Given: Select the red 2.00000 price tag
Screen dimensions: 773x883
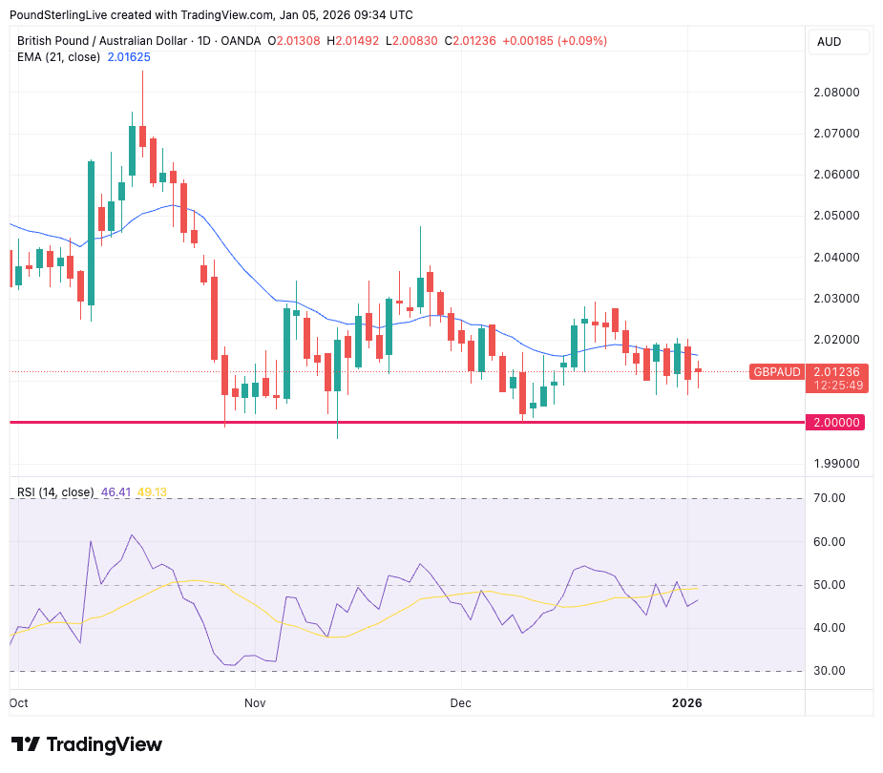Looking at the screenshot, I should pyautogui.click(x=835, y=422).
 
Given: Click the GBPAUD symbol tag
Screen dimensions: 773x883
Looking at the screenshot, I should pyautogui.click(x=776, y=372).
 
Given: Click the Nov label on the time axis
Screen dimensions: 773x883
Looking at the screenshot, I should pyautogui.click(x=255, y=702).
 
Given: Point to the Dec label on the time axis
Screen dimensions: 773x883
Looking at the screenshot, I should pyautogui.click(x=461, y=702).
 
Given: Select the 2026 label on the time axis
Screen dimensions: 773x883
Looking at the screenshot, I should pyautogui.click(x=686, y=702).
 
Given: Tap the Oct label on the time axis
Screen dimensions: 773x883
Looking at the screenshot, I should pyautogui.click(x=19, y=702).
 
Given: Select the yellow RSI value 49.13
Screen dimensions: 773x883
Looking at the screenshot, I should pyautogui.click(x=153, y=492).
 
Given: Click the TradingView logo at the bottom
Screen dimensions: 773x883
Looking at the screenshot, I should pyautogui.click(x=87, y=744).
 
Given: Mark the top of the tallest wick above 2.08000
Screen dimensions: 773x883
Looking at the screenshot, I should pyautogui.click(x=142, y=72).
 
